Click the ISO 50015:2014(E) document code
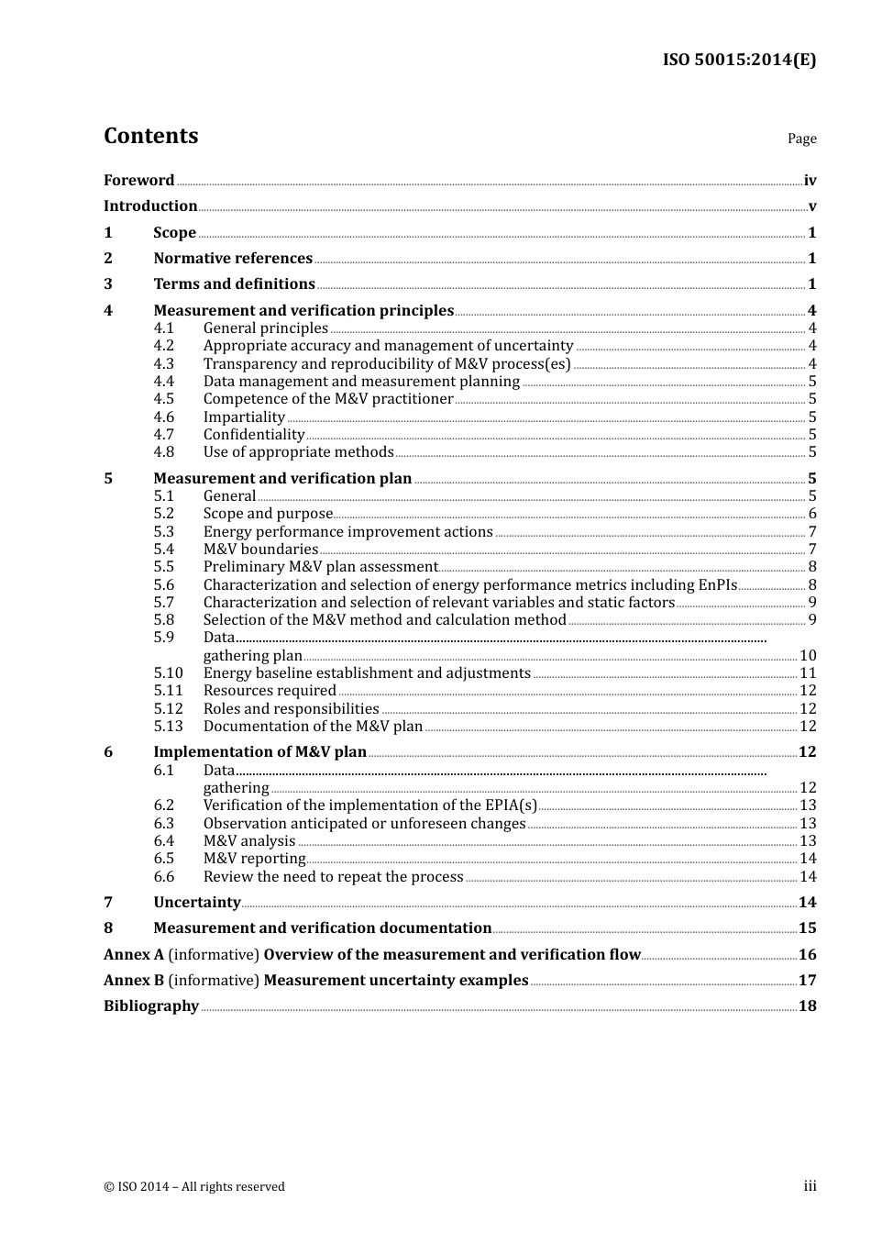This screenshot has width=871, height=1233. click(x=739, y=60)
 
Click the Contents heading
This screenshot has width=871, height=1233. click(x=150, y=136)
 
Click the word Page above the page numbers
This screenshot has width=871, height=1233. click(x=801, y=139)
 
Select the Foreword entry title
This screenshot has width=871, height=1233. click(x=138, y=181)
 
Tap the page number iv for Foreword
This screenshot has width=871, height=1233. click(x=810, y=181)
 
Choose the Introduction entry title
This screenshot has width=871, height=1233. click(x=150, y=206)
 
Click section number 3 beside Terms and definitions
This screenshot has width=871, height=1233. click(x=108, y=284)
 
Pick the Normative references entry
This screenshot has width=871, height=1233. click(x=233, y=259)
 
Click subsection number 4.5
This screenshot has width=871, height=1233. click(x=163, y=399)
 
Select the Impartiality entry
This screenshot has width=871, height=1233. click(x=244, y=417)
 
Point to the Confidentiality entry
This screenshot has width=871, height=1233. click(x=254, y=435)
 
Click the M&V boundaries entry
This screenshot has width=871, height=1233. click(x=260, y=550)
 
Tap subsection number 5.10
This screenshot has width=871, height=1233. click(x=168, y=673)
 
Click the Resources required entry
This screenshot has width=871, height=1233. click(x=270, y=691)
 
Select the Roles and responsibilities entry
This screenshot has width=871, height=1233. click(x=291, y=709)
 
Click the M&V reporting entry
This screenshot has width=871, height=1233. click(x=254, y=859)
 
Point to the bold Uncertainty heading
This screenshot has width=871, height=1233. click(x=196, y=903)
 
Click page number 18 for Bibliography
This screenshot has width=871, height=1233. click(x=807, y=1006)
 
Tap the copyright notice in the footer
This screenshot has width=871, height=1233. click(x=194, y=1187)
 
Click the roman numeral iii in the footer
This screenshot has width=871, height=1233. click(x=810, y=1186)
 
